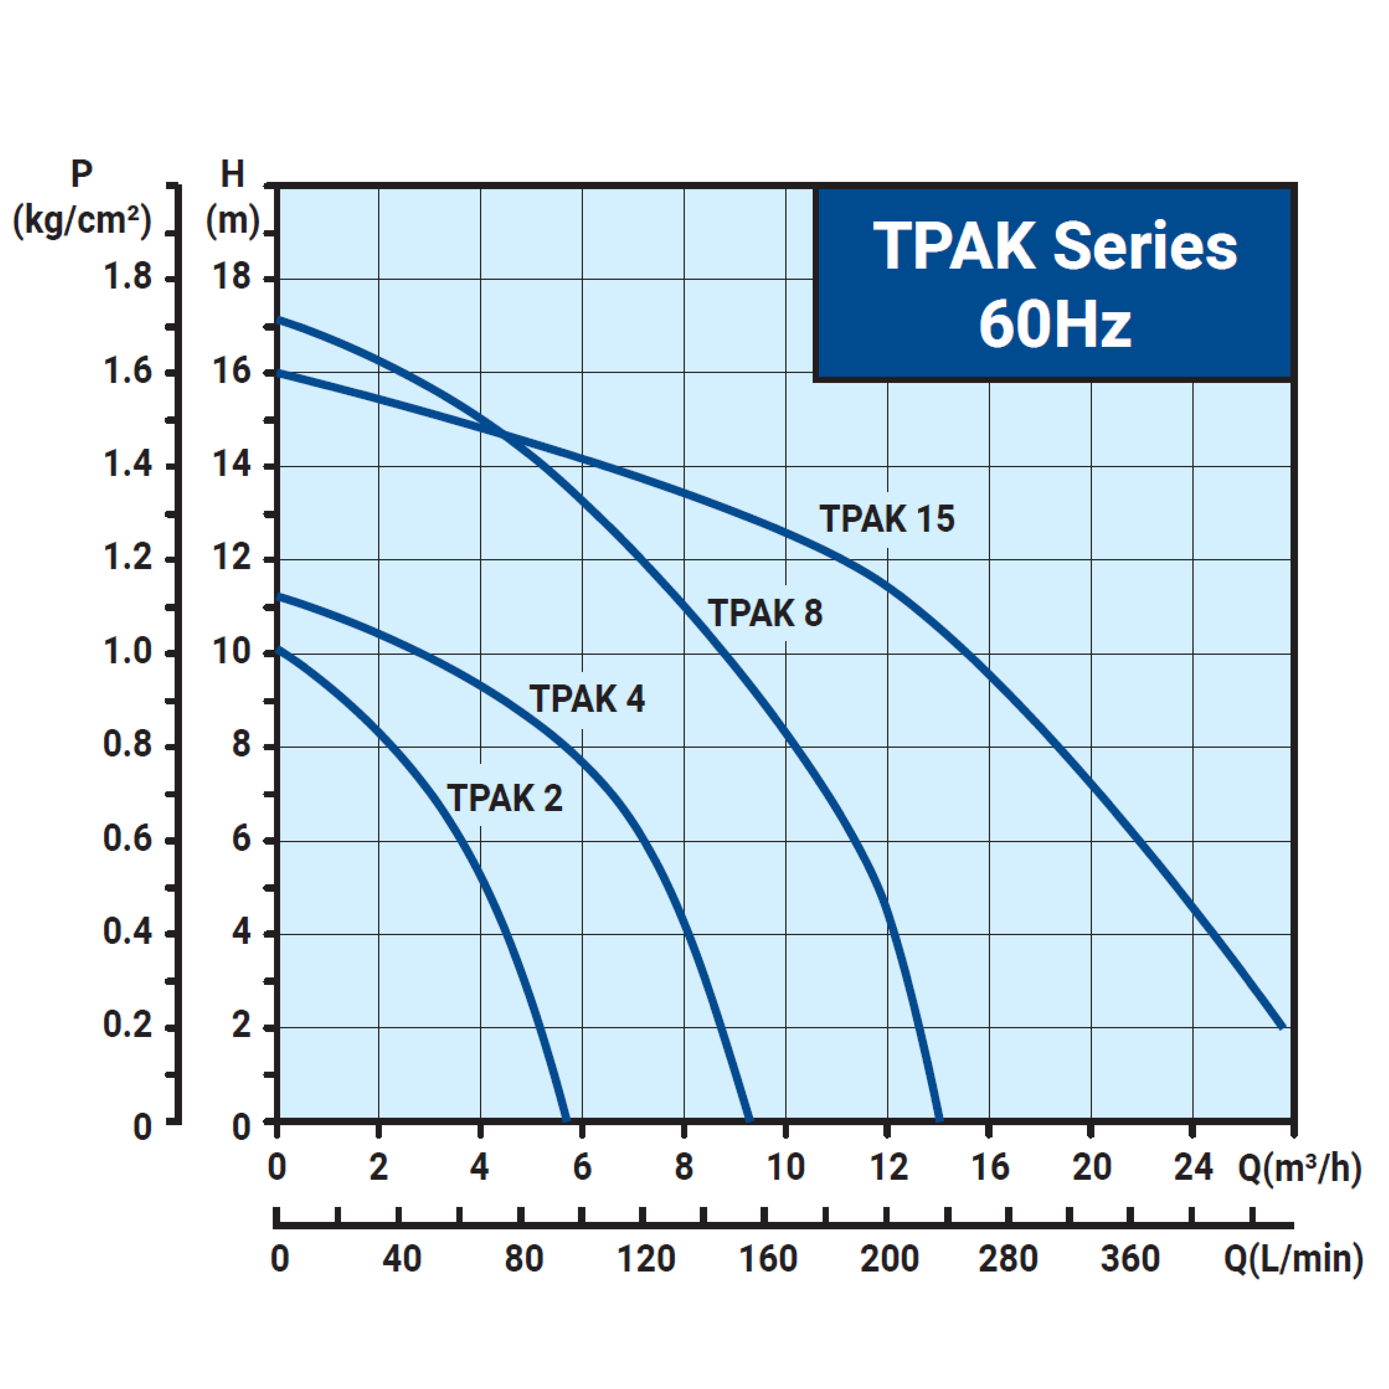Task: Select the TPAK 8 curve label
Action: tap(765, 613)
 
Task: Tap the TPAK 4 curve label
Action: tap(587, 699)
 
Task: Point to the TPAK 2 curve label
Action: tap(505, 798)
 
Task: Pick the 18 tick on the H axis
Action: tap(231, 278)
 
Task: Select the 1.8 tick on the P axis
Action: tap(128, 278)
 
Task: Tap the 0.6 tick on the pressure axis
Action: tap(128, 839)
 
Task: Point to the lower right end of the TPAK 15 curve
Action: tap(1282, 1027)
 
